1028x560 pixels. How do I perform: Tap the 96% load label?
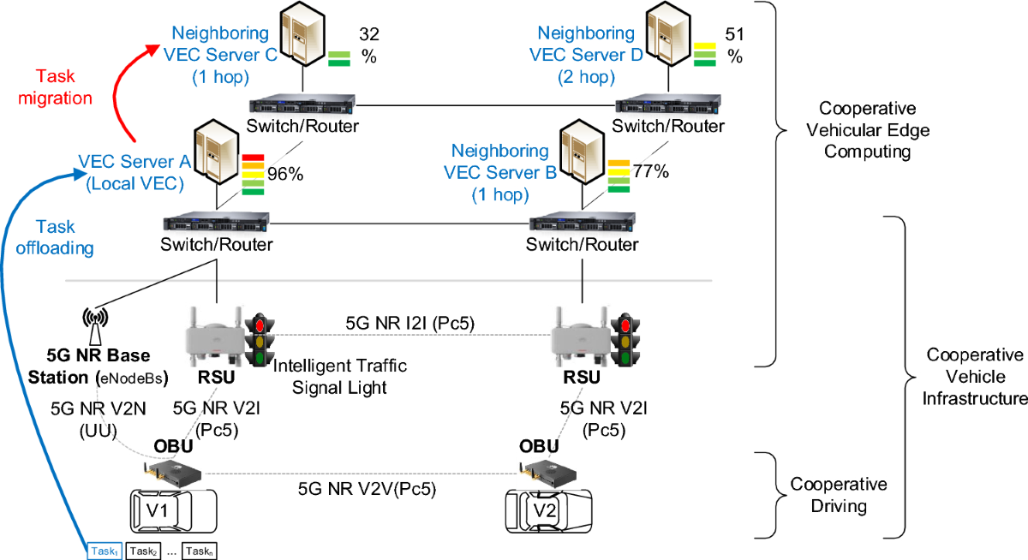tap(285, 174)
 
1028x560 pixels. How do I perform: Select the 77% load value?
tap(651, 171)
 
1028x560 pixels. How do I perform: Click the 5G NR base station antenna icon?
tap(95, 326)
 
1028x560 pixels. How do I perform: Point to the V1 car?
tap(173, 511)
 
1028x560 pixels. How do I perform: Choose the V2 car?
tap(548, 511)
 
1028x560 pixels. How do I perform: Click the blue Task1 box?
tap(105, 551)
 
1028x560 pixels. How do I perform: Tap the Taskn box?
tap(199, 551)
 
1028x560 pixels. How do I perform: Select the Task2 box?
tap(143, 551)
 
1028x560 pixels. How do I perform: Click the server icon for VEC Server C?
tap(303, 33)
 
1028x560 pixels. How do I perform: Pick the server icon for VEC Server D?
tap(668, 33)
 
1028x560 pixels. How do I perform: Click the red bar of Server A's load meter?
tap(253, 158)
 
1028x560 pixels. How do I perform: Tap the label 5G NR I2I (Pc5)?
tap(409, 324)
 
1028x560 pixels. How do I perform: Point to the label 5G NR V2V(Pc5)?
tap(367, 489)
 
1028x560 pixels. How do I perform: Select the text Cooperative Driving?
tap(839, 495)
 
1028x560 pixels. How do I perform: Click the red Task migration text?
tap(55, 87)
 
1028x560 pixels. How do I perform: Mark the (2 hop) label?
tap(586, 76)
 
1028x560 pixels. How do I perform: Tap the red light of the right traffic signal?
tap(625, 325)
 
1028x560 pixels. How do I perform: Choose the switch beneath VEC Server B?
tap(583, 222)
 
